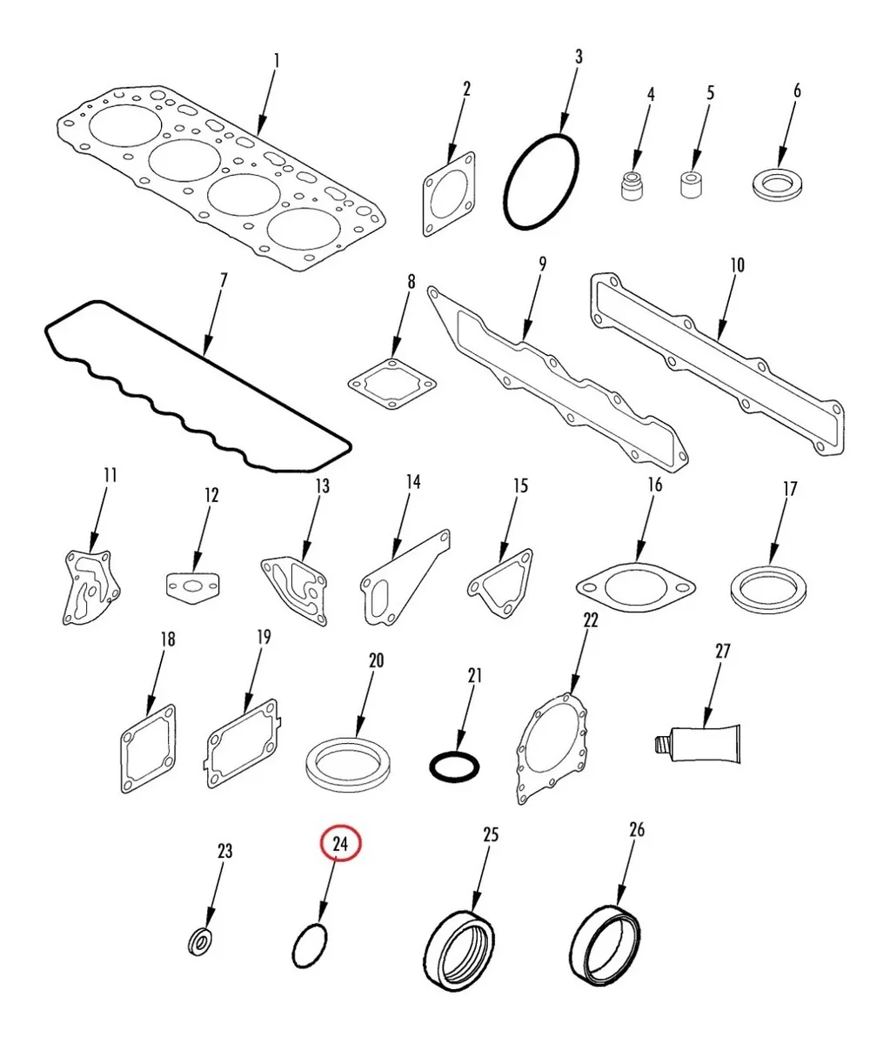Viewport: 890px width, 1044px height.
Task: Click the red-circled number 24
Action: tap(340, 844)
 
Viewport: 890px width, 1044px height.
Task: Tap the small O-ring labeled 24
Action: tap(311, 947)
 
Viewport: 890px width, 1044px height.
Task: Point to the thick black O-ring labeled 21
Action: tap(454, 767)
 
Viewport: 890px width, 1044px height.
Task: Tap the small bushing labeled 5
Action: tap(693, 184)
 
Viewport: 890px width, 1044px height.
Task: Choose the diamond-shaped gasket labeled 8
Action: tap(391, 383)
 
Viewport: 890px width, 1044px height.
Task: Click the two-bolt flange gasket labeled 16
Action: tap(636, 586)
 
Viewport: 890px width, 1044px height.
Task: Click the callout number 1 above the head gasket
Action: tap(277, 61)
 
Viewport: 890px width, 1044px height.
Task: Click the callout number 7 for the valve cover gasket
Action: tap(224, 281)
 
